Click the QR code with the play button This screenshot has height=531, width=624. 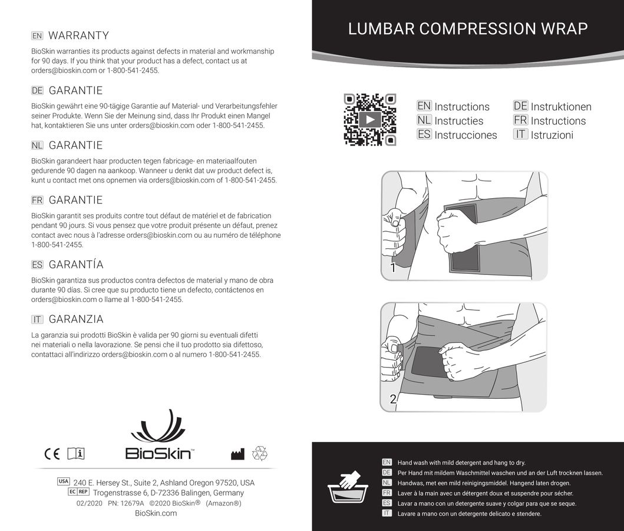click(x=369, y=120)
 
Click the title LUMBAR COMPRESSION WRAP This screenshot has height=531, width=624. click(x=468, y=29)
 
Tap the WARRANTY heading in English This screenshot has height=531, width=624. click(x=78, y=35)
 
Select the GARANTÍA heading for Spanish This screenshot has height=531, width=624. click(x=76, y=264)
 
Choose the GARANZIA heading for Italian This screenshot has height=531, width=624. click(x=76, y=319)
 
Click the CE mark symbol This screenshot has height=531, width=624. click(x=52, y=454)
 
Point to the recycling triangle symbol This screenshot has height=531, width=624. click(x=260, y=453)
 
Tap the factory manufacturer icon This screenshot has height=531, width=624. click(x=237, y=454)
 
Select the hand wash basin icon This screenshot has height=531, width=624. click(x=347, y=487)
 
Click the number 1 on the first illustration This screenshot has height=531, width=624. click(x=392, y=268)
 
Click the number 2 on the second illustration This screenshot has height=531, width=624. click(x=393, y=399)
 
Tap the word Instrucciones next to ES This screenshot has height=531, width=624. click(x=465, y=135)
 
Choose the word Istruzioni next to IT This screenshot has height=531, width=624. click(x=552, y=135)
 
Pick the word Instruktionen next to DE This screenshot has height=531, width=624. click(x=560, y=107)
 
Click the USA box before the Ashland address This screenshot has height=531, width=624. click(x=64, y=481)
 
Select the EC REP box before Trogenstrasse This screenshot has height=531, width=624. click(x=79, y=491)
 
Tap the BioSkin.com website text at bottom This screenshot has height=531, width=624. click(x=156, y=513)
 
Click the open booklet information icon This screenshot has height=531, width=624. click(x=76, y=454)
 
